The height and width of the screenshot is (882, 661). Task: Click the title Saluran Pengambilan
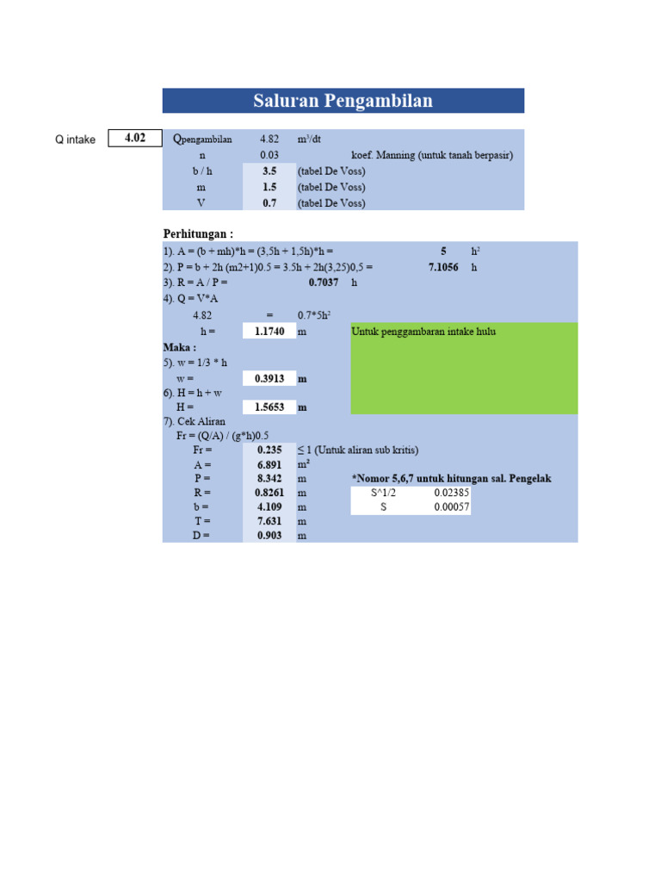tap(343, 101)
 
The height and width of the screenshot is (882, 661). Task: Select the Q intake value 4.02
tap(135, 138)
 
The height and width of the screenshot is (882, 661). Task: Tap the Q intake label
tap(76, 139)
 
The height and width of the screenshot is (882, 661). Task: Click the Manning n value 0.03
tap(269, 155)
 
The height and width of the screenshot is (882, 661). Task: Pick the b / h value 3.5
tap(269, 171)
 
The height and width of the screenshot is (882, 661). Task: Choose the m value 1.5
tap(269, 187)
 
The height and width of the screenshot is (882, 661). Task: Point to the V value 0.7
tap(269, 203)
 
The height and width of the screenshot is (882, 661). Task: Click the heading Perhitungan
tap(198, 234)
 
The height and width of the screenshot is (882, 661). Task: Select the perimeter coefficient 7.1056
tap(443, 267)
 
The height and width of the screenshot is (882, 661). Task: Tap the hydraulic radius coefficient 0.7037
tap(324, 283)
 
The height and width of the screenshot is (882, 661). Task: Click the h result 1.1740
tap(269, 332)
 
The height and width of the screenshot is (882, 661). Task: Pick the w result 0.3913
tap(269, 379)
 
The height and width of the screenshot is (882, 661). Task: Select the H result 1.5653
tap(269, 407)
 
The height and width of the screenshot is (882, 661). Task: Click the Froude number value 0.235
tap(269, 450)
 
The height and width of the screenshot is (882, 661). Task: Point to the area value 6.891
tap(269, 464)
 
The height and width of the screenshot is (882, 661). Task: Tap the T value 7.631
tap(269, 521)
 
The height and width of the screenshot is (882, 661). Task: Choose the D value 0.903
tap(269, 536)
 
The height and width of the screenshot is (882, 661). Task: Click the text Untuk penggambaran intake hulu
tap(423, 332)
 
